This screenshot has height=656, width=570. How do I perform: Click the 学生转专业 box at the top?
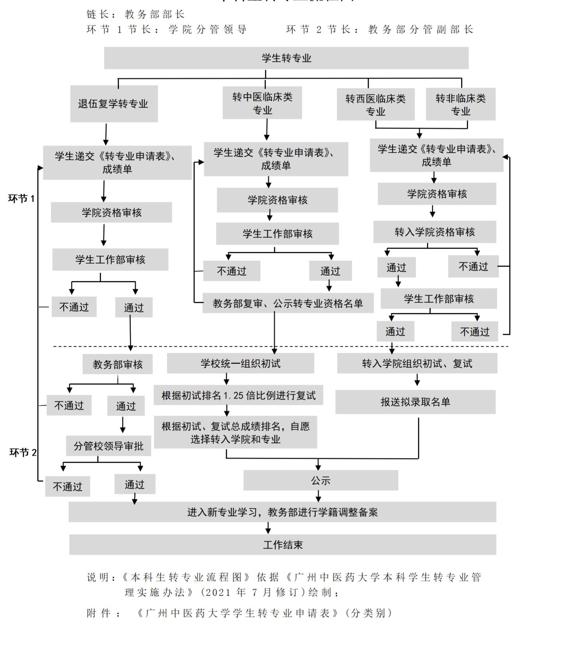(x=286, y=58)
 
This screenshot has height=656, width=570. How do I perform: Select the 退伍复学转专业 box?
(x=114, y=104)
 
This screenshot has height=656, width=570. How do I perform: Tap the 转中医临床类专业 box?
(x=262, y=103)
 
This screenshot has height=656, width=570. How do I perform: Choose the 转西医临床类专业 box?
(x=375, y=105)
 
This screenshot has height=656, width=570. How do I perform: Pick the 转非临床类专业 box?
(x=460, y=104)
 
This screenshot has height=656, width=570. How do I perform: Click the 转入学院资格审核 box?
(x=435, y=232)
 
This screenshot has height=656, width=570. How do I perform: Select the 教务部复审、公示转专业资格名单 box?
(x=288, y=304)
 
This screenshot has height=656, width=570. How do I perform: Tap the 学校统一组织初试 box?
(x=240, y=364)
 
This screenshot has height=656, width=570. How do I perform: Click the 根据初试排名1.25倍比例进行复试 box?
(x=238, y=396)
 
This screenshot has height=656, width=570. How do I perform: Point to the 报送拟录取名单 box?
(x=415, y=402)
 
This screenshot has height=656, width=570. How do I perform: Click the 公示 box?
(x=320, y=480)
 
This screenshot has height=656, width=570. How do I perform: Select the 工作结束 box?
(x=282, y=545)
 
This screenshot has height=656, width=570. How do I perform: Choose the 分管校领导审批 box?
(x=108, y=446)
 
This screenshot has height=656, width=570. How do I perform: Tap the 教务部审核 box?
(x=118, y=364)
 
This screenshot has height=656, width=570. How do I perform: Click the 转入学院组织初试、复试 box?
(x=417, y=364)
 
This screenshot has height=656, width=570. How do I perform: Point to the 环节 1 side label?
(x=21, y=199)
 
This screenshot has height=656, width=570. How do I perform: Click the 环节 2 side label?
(x=23, y=452)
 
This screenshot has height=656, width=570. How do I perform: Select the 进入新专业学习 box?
(x=282, y=512)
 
